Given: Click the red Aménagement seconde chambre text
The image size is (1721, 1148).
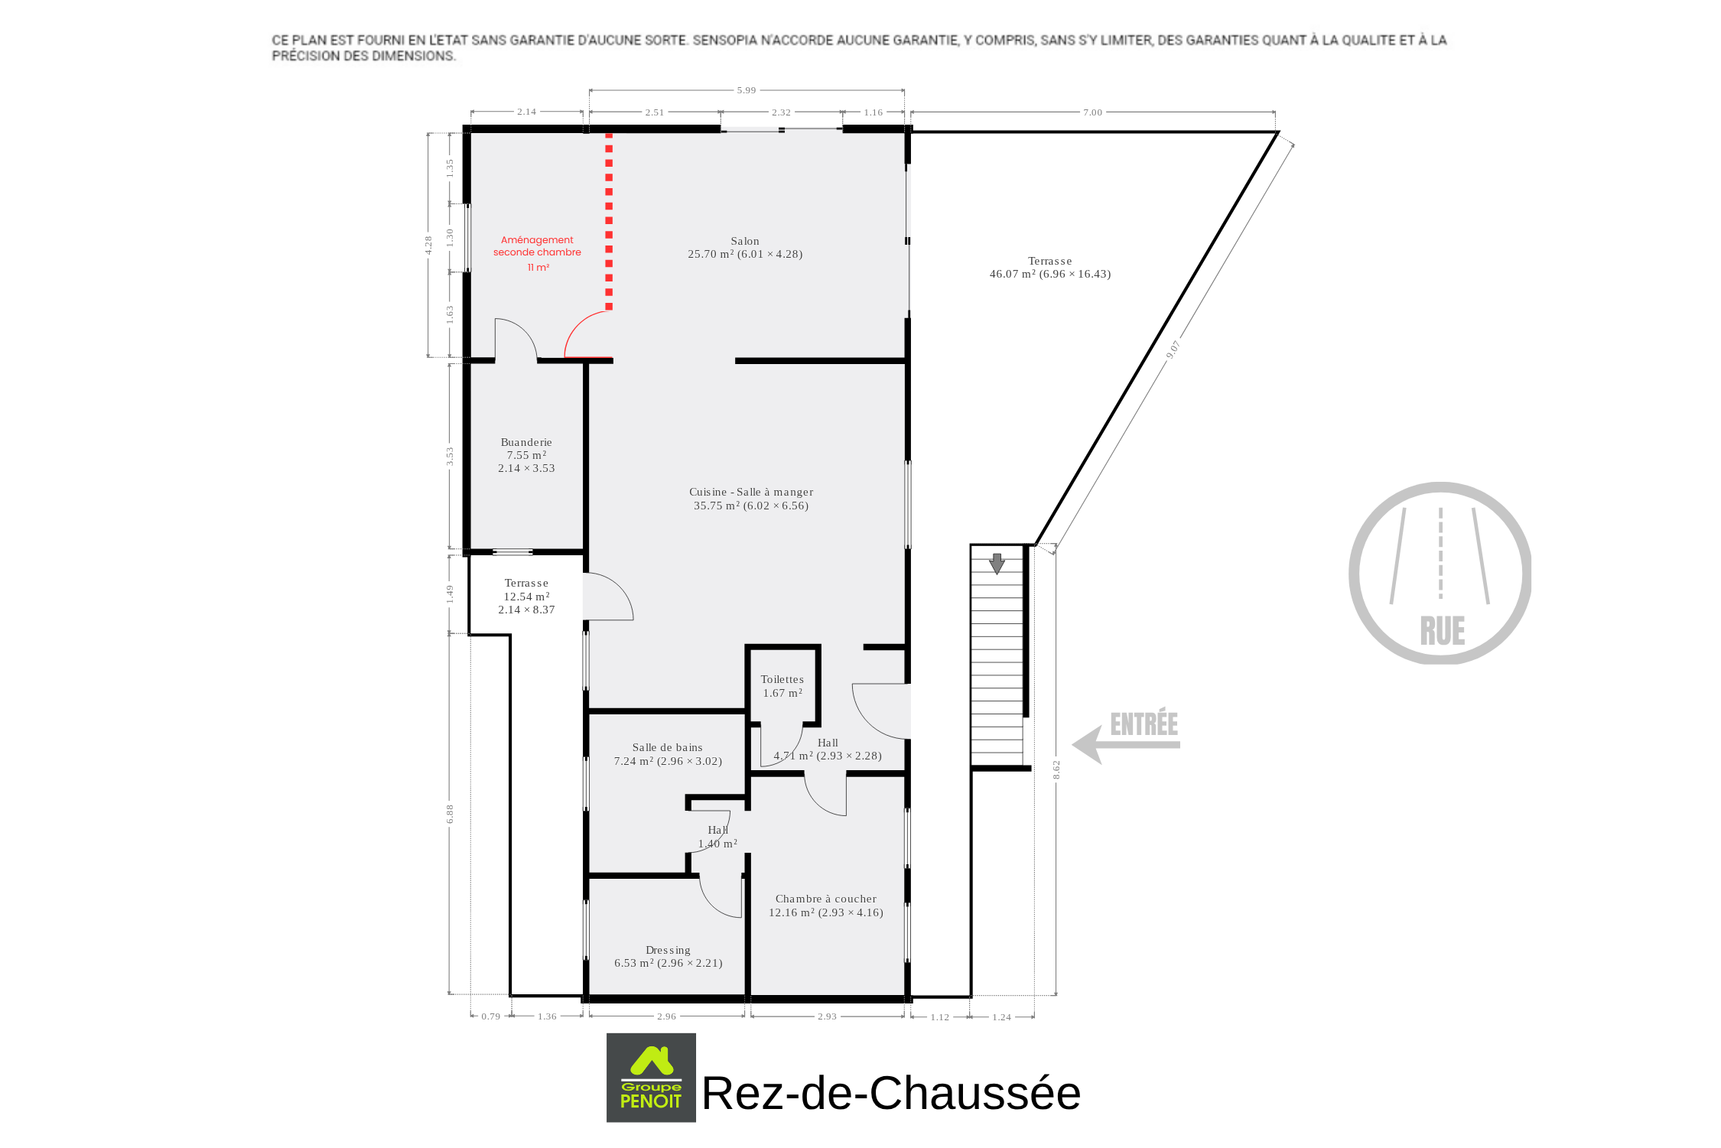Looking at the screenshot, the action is (x=537, y=252).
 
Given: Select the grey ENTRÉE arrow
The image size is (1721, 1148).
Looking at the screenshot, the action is (x=1126, y=743).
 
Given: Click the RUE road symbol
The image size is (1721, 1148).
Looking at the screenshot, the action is (x=1440, y=573).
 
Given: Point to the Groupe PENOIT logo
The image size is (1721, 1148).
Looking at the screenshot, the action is (x=651, y=1078).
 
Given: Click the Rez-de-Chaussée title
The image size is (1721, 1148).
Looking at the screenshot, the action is (x=891, y=1092).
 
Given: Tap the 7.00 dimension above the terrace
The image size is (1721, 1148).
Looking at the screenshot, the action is (x=1092, y=112).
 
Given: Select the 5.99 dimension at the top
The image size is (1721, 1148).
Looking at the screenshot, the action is (x=747, y=90).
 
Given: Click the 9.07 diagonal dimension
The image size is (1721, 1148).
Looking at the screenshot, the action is (x=1173, y=350).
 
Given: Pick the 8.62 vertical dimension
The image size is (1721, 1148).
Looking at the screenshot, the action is (x=1056, y=769).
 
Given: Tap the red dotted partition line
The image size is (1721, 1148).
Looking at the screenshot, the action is (x=609, y=222).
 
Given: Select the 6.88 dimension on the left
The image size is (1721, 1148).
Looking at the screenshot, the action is (x=451, y=814).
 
